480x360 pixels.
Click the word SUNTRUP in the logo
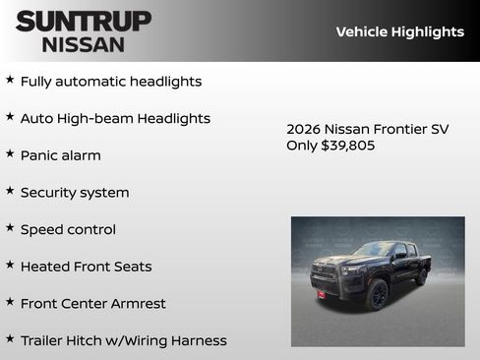84,20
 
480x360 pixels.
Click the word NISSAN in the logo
84,43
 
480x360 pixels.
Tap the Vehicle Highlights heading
399,31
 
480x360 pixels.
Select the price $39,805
348,146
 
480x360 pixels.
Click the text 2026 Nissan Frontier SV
367,129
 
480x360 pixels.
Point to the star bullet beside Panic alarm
10,153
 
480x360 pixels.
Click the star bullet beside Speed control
10,227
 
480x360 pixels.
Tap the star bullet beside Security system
10,190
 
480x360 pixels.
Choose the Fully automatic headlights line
111,82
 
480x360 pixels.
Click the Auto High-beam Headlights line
115,119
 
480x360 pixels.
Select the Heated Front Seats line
86,267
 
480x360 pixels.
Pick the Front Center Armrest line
92,303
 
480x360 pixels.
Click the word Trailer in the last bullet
45,340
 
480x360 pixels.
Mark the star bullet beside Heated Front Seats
10,265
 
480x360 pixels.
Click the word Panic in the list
39,155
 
